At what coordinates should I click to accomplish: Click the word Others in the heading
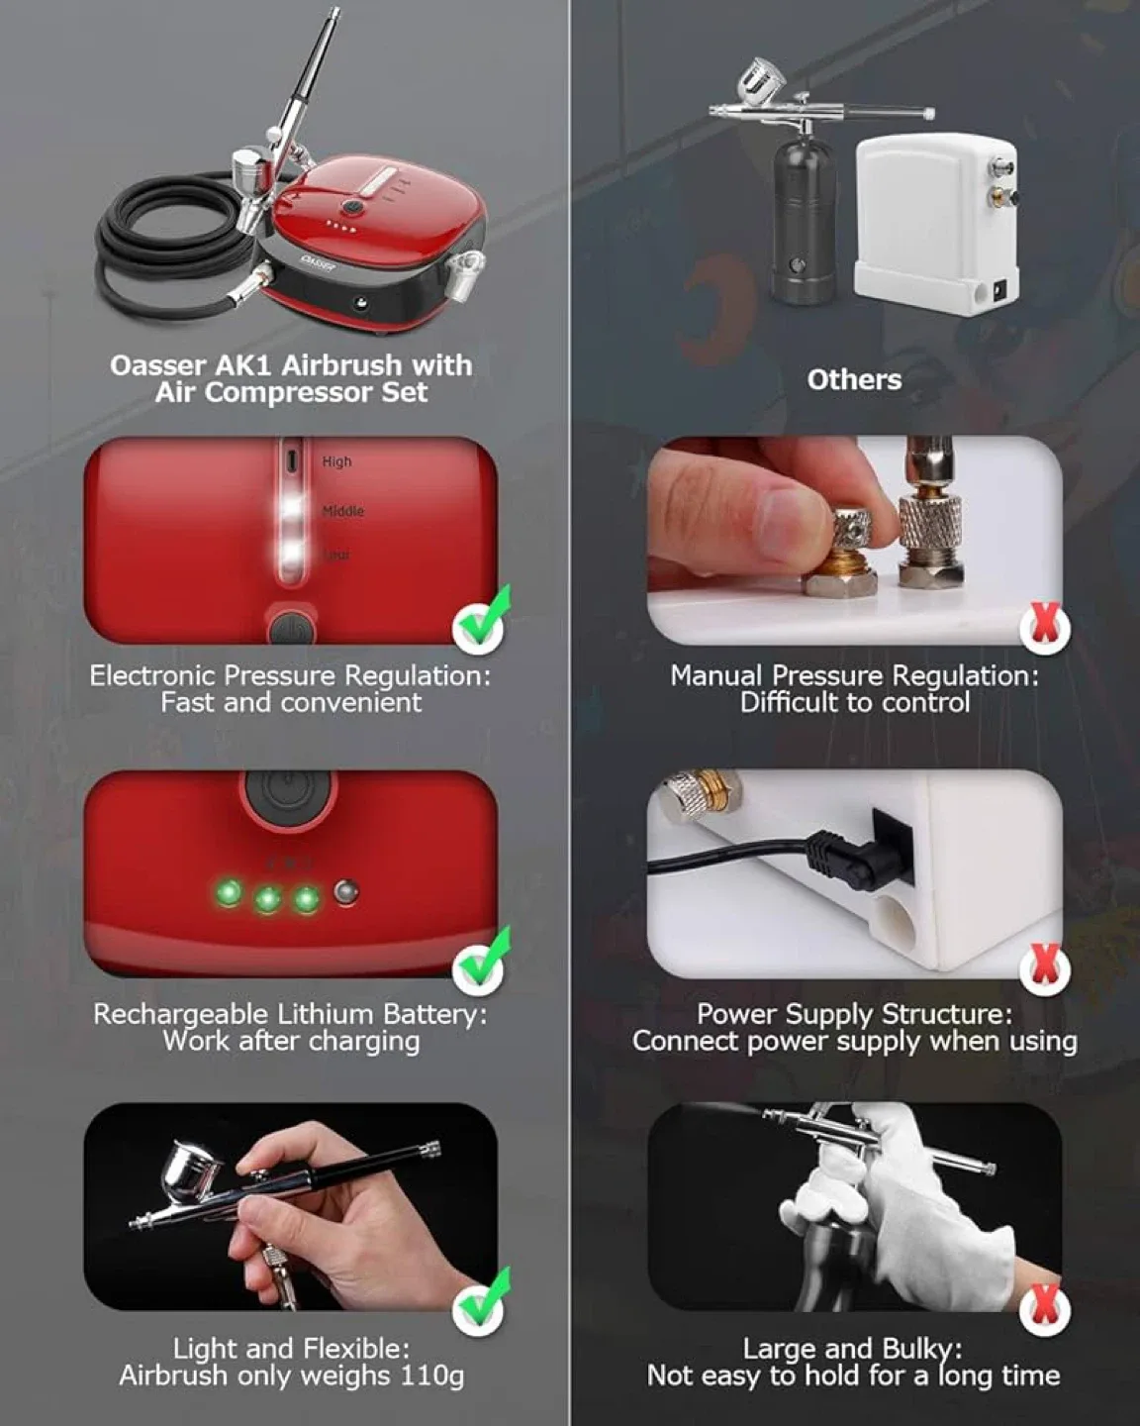pos(854,379)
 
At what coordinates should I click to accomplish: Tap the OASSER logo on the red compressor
pos(320,263)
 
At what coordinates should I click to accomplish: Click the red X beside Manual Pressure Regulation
pos(1045,627)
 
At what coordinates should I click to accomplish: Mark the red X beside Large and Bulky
pos(1045,1308)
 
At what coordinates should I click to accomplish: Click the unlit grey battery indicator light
pos(345,892)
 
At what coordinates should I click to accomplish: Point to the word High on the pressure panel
pos(336,461)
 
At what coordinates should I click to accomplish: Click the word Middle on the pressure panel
pos(342,511)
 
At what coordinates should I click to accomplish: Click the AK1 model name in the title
pos(237,365)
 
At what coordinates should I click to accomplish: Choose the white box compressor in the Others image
pos(935,218)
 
